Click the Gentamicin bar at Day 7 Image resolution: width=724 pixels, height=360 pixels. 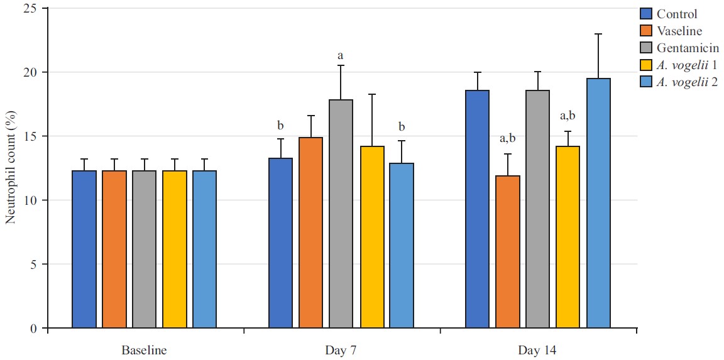341,214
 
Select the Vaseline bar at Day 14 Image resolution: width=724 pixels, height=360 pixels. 507,251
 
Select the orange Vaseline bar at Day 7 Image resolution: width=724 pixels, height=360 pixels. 310,232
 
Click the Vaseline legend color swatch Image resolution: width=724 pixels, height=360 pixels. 646,31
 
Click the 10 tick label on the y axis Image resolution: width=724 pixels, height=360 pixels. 33,200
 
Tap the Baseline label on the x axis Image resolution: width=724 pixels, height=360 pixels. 144,349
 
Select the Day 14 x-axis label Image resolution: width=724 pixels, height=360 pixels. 537,349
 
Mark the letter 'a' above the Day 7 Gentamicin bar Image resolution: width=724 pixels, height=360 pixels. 341,56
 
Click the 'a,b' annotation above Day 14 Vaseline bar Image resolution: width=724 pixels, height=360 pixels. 507,138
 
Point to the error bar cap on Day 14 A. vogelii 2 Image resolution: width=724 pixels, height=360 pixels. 598,34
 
